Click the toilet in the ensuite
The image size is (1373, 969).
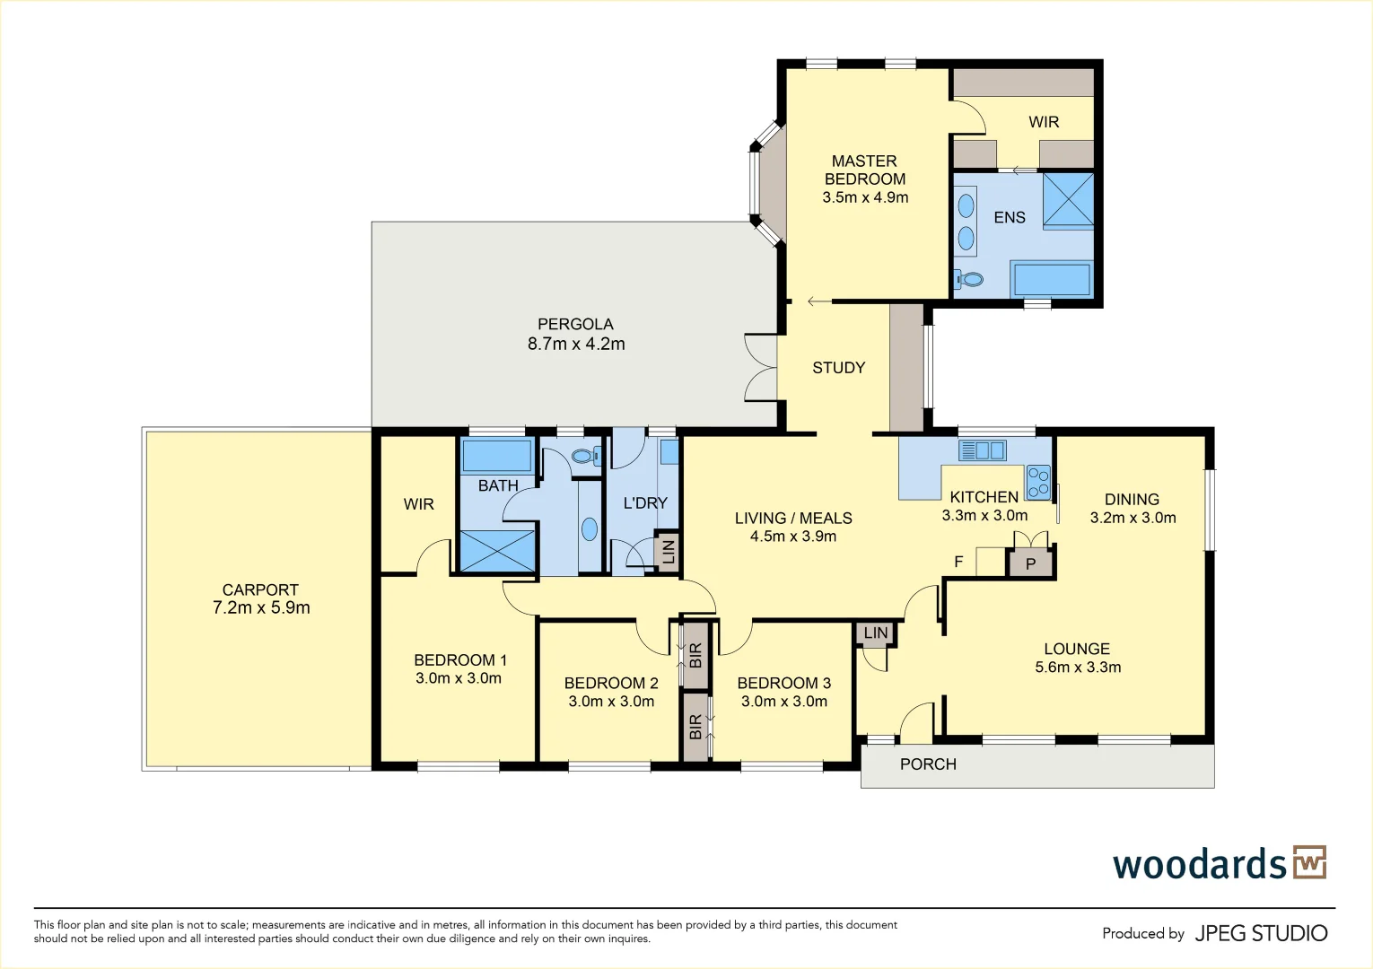(968, 279)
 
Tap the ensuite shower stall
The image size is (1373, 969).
(1068, 200)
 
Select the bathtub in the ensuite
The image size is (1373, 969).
(1051, 279)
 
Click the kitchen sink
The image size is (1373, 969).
(982, 450)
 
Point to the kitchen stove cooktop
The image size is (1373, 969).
(1038, 483)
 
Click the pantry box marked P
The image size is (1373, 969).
(1030, 563)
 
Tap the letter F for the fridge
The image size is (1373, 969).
(958, 562)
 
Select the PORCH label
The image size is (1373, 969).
(928, 764)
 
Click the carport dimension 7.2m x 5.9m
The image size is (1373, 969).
(261, 608)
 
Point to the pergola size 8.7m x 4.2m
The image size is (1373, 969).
(576, 344)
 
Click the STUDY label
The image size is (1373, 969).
(838, 368)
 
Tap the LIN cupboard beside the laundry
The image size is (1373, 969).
(667, 552)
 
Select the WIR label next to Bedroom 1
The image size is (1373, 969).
(419, 504)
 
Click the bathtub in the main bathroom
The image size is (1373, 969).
(496, 455)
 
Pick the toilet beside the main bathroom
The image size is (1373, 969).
(585, 456)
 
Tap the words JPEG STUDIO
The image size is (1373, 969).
(1261, 933)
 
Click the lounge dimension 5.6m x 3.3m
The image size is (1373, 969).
(1078, 668)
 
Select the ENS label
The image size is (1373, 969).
(1010, 218)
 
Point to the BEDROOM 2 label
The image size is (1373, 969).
(611, 683)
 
